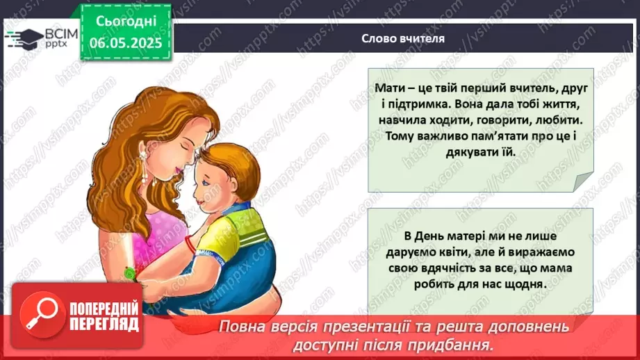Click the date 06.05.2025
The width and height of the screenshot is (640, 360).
(x=126, y=42)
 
